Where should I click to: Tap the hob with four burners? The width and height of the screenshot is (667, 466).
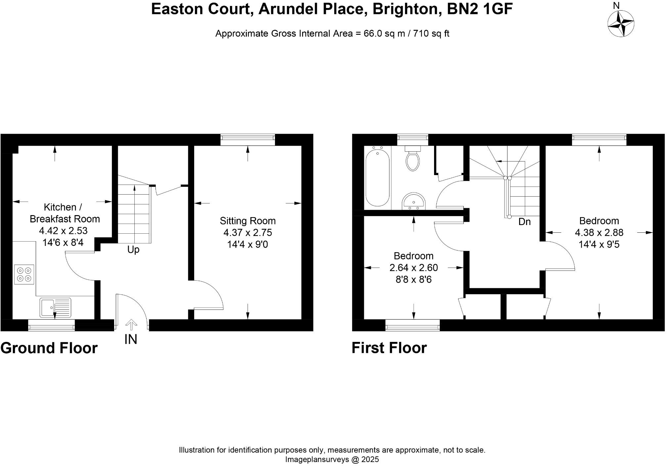coord(24,274)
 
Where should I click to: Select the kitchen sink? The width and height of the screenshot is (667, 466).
coord(56,307)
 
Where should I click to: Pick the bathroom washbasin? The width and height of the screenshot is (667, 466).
coord(414,202)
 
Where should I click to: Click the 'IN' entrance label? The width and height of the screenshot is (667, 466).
coord(131,339)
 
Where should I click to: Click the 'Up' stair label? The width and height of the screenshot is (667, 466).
coord(133,250)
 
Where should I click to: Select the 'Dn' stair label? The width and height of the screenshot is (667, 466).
coord(524,222)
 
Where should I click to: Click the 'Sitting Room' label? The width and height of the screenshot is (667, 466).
coord(247,221)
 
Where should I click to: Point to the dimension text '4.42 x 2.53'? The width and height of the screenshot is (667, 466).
coord(63,230)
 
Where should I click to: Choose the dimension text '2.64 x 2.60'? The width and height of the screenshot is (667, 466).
coord(414,267)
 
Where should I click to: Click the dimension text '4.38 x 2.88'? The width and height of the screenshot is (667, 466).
coord(599,232)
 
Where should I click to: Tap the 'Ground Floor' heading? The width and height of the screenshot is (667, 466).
coord(49,348)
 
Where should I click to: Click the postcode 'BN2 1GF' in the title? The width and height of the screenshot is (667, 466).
coord(479,9)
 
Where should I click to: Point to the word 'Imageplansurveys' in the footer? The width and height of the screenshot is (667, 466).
coord(317,459)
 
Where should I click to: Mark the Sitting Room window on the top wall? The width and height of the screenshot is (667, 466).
coord(247,140)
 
